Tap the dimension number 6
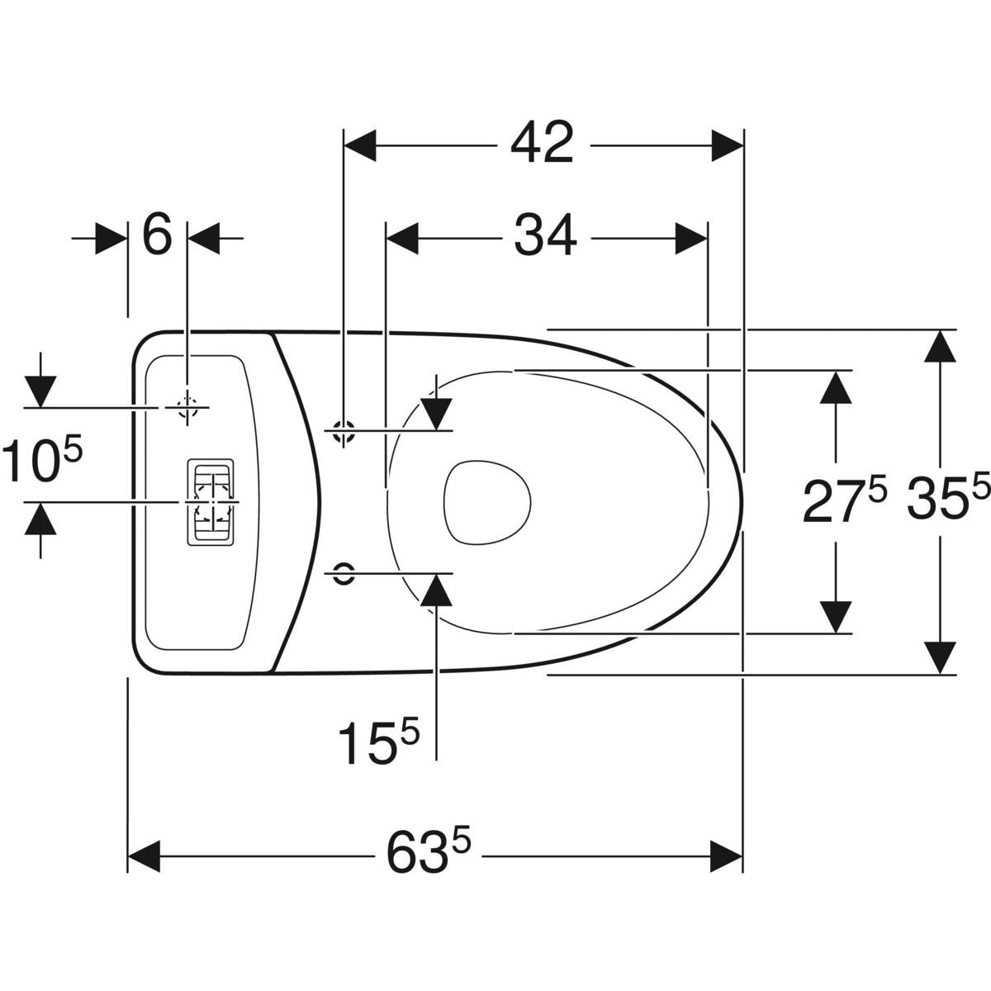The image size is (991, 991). click(157, 236)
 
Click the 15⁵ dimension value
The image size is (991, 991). click(379, 741)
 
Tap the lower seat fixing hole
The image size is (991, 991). click(343, 571)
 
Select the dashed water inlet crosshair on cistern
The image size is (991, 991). click(188, 407)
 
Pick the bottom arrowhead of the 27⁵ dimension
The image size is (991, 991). click(837, 616)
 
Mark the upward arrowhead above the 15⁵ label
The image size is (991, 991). click(436, 588)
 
